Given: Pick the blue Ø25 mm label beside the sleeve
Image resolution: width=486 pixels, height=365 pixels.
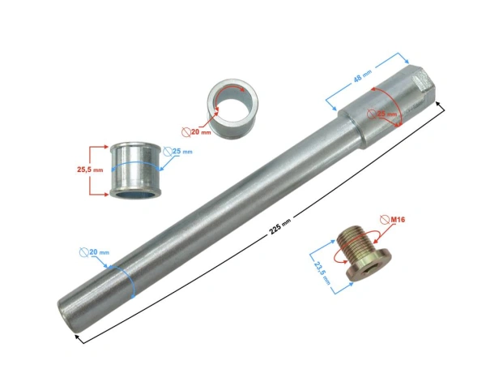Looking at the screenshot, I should (x=181, y=152).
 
